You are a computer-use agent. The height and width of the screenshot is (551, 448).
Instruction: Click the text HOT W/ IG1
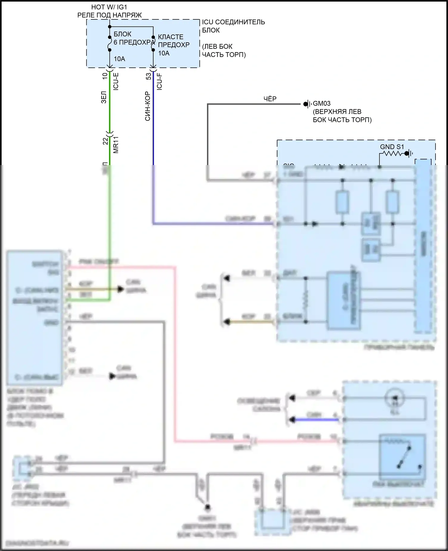point(109,7)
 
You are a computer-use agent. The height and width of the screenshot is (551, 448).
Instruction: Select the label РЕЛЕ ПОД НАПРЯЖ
point(109,15)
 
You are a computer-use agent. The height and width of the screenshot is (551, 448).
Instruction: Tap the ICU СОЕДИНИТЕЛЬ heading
point(233,22)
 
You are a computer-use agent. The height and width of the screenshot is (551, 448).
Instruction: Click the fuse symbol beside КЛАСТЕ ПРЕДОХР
point(153,44)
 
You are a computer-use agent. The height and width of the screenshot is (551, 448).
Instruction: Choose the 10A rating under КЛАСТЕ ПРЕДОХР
point(164,53)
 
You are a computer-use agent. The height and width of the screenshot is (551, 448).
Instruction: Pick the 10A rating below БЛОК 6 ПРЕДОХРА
point(119,59)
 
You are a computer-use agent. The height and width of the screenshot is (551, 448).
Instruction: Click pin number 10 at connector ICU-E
point(105,76)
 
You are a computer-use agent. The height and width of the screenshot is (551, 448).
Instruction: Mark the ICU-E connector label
point(116,81)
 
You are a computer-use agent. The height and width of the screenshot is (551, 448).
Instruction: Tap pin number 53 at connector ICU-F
point(148,77)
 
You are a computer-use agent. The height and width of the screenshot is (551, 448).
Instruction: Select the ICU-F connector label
point(159,81)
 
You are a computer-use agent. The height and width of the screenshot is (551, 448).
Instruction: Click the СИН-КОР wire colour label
point(148,107)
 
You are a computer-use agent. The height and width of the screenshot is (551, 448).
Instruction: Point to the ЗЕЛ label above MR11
point(104,97)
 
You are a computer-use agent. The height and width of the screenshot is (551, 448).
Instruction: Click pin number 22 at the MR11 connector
point(105,141)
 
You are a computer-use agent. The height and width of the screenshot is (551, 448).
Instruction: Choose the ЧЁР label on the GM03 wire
point(270,99)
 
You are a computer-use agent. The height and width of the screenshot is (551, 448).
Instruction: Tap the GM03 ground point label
point(322,104)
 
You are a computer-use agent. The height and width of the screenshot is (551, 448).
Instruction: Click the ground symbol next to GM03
point(308,104)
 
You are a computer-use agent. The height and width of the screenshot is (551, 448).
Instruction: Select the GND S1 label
point(392,147)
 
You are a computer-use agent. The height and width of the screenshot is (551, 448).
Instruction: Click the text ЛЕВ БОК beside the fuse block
point(217,47)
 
